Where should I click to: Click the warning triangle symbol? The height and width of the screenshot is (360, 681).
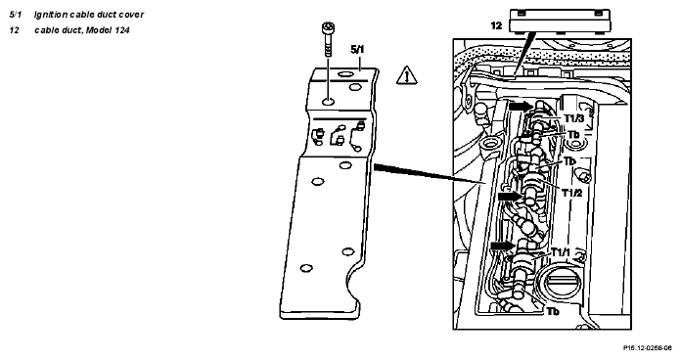(406, 75)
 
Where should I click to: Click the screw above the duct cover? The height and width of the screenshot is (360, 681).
(328, 39)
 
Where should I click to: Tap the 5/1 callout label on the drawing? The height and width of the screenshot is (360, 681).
(357, 50)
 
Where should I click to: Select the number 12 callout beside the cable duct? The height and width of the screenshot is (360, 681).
(496, 25)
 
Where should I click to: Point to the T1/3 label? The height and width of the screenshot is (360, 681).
(573, 118)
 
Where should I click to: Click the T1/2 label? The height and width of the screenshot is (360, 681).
(572, 193)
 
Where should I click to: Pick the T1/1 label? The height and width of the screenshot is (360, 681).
(561, 251)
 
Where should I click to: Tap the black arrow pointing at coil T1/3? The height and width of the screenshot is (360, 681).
(521, 106)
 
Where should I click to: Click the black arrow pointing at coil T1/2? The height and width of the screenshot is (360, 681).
(509, 197)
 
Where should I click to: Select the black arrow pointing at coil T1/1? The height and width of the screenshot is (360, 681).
(503, 246)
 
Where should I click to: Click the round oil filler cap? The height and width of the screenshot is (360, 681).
(561, 287)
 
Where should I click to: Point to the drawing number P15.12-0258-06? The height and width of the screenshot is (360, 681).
(648, 348)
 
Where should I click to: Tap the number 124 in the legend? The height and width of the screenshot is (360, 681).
(122, 30)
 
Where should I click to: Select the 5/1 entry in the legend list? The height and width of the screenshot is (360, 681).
(16, 15)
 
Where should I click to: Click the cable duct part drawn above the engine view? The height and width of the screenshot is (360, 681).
(561, 21)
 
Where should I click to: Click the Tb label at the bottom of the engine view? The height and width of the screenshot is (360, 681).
(553, 312)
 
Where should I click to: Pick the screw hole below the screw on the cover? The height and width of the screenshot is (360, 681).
(329, 102)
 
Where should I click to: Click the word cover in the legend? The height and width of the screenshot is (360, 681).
(132, 15)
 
